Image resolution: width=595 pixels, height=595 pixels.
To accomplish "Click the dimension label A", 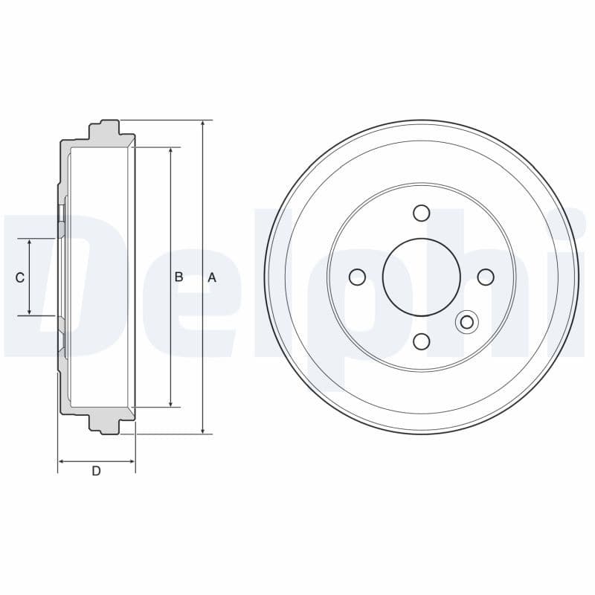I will [212, 277].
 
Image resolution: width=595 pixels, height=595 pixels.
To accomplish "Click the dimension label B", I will [178, 277].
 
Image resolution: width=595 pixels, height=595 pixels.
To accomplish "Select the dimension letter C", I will [20, 277].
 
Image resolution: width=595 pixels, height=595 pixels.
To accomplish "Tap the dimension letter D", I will [96, 471].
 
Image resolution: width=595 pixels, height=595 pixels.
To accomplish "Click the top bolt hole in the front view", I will [421, 213].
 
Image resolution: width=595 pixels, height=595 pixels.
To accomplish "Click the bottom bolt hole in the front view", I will [421, 341].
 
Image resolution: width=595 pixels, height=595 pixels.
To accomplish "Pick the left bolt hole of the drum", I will [357, 277].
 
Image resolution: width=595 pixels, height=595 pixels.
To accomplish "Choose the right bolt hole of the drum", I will [485, 277].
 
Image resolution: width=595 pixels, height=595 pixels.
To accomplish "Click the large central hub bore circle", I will [421, 277].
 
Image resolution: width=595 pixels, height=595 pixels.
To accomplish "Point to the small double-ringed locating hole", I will [467, 321].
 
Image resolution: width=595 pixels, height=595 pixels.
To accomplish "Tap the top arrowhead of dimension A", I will [202, 123].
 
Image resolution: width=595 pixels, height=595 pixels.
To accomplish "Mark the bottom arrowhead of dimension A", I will [202, 430].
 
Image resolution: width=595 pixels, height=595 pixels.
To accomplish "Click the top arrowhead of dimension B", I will [171, 151].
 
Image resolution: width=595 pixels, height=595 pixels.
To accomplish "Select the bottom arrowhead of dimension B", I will [171, 403].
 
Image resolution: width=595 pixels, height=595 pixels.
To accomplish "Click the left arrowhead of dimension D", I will [62, 462].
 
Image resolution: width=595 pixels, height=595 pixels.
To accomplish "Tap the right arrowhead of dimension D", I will [132, 462].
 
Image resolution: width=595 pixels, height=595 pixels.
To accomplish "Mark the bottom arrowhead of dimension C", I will [30, 312].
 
